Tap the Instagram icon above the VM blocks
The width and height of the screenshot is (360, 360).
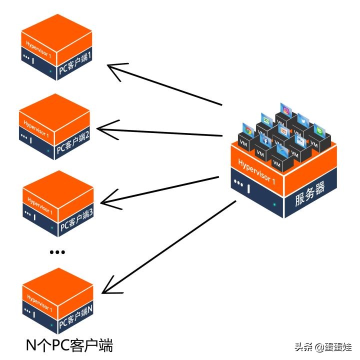(x=286, y=110)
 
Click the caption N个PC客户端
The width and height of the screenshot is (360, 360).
(x=69, y=345)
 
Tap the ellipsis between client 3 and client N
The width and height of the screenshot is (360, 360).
(x=57, y=252)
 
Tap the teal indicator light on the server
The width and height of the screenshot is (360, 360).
(x=274, y=204)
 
